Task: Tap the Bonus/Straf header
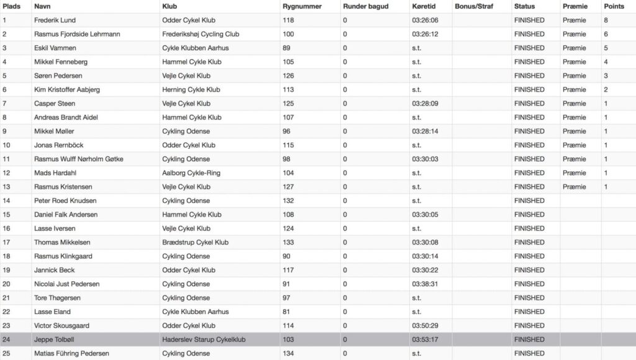point(475,6)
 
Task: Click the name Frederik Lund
point(55,20)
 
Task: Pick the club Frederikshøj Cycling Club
point(200,34)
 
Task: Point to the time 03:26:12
point(425,34)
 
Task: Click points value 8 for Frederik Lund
point(606,20)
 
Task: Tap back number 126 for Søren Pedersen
point(286,76)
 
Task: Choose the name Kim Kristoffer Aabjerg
point(66,89)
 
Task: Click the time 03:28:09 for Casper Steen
point(425,104)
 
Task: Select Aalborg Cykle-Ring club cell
point(191,173)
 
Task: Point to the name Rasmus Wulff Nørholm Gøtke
point(78,159)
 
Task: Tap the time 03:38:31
point(425,284)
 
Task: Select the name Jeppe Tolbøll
point(53,340)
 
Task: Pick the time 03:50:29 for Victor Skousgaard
point(425,325)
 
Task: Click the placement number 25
point(7,353)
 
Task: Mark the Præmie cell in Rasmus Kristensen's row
point(574,187)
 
